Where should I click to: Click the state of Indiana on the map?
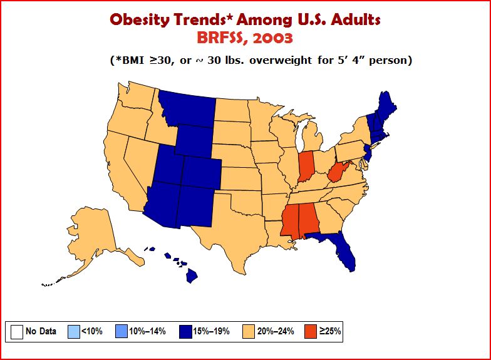click(x=306, y=167)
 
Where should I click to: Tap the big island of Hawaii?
click(x=192, y=275)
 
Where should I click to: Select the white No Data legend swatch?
click(x=17, y=332)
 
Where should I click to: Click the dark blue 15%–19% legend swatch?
click(x=185, y=332)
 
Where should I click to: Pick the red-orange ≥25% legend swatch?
click(x=311, y=332)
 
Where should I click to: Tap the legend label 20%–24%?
click(x=276, y=331)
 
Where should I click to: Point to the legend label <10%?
click(x=92, y=331)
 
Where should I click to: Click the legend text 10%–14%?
click(x=148, y=331)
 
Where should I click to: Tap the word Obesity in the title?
click(x=139, y=20)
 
